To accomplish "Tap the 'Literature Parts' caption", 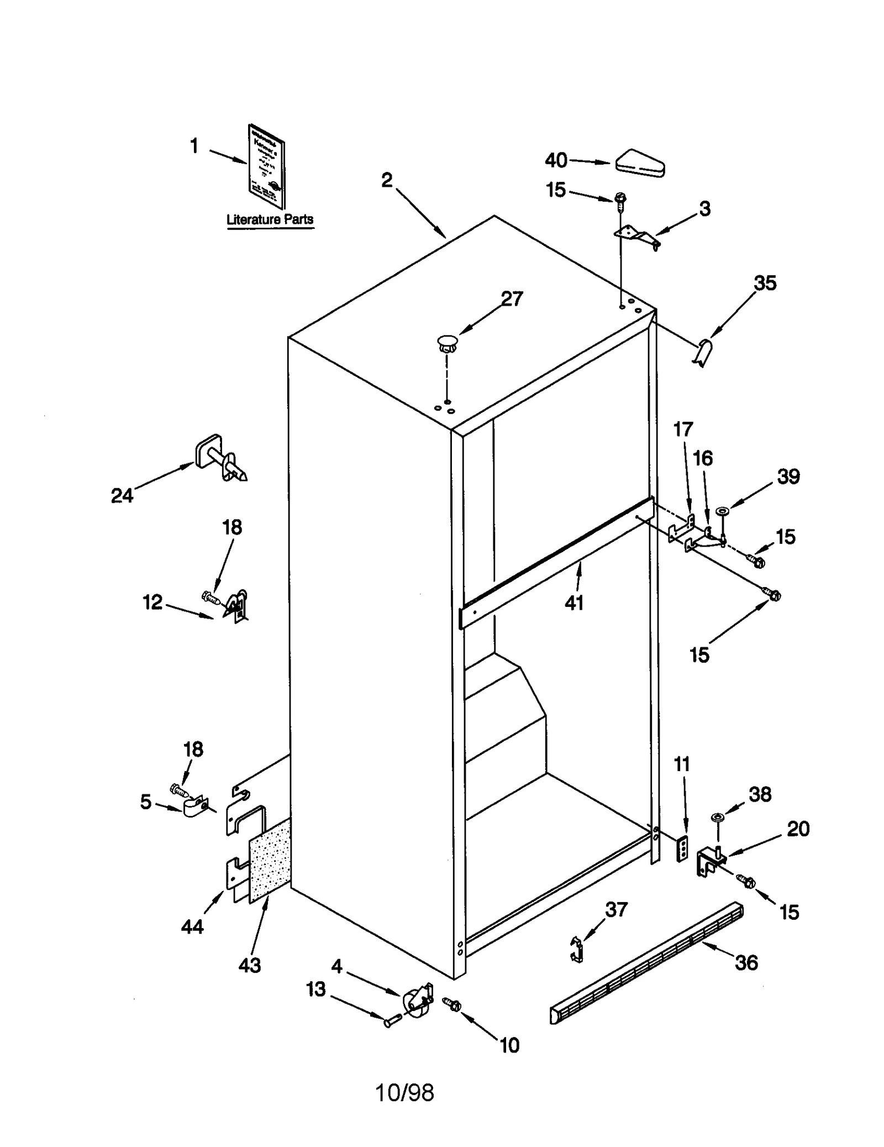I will pos(270,219).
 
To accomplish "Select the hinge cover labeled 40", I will pos(640,164).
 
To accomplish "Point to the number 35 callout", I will pos(765,283).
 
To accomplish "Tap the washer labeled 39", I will pos(722,510).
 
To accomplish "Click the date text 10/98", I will pos(404,1093).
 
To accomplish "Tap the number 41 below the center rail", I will pos(573,603).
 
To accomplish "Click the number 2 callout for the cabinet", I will pos(387,180).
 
